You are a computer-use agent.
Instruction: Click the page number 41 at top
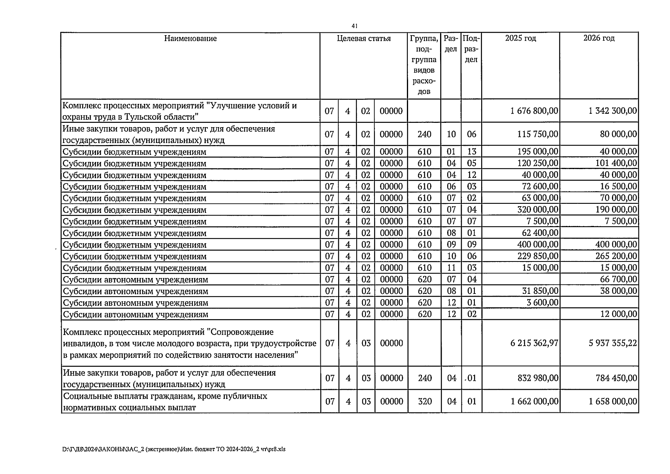click(354, 26)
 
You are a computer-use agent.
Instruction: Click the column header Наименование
click(190, 38)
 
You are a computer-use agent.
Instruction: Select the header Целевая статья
click(363, 38)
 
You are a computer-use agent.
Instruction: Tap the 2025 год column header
click(520, 38)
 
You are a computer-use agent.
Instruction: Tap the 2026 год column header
click(599, 38)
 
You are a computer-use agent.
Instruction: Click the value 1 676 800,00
click(534, 111)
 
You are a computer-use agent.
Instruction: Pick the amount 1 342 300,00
click(612, 111)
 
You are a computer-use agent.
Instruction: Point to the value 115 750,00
click(538, 134)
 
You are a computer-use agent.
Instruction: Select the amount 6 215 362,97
click(534, 343)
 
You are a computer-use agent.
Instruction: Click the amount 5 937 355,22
click(612, 343)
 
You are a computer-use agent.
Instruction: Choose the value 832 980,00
click(538, 378)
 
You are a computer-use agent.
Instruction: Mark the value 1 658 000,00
click(612, 402)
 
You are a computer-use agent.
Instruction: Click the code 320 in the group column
click(425, 402)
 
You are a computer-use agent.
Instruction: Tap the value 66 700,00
click(618, 280)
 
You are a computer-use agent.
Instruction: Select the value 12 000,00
click(618, 314)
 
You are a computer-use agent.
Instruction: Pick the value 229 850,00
click(538, 256)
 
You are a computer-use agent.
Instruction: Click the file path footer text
click(174, 450)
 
